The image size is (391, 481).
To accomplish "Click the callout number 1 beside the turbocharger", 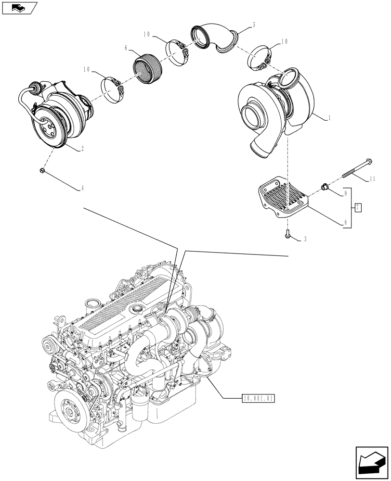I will tap(329, 117).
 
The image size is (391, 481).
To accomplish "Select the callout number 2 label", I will tap(83, 149).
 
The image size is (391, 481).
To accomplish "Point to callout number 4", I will tap(83, 189).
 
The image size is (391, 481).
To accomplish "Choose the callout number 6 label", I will tap(126, 49).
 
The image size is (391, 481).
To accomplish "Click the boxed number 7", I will tap(358, 208).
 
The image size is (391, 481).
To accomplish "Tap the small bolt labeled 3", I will tap(288, 235).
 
